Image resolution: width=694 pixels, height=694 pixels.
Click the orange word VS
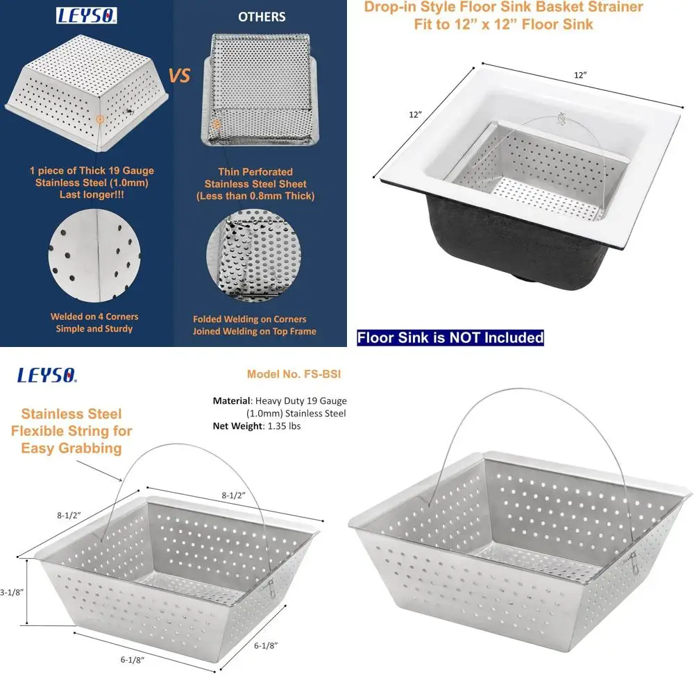click(180, 75)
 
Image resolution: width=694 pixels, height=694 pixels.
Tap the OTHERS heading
click(261, 16)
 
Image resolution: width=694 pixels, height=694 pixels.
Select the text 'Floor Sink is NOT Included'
click(450, 338)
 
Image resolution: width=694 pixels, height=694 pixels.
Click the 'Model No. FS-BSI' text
click(294, 374)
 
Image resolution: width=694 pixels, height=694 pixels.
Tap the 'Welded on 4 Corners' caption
click(94, 316)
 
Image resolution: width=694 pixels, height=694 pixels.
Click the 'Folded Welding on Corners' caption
click(249, 319)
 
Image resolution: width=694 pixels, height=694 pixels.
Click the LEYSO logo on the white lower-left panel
click(47, 376)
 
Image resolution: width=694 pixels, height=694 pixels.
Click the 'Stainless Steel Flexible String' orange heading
click(71, 430)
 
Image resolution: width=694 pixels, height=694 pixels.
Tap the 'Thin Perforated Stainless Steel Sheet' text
click(255, 183)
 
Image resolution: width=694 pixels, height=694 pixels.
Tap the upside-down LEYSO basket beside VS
click(86, 94)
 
